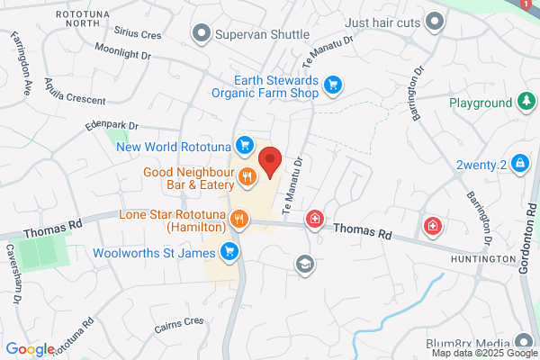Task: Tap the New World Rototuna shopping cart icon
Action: tap(243, 144)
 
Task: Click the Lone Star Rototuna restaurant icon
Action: tap(239, 218)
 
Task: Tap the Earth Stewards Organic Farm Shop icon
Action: tap(333, 85)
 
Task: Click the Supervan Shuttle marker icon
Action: tap(201, 34)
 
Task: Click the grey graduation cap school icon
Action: tap(304, 263)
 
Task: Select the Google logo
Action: tap(30, 349)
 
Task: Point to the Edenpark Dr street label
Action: tap(112, 126)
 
